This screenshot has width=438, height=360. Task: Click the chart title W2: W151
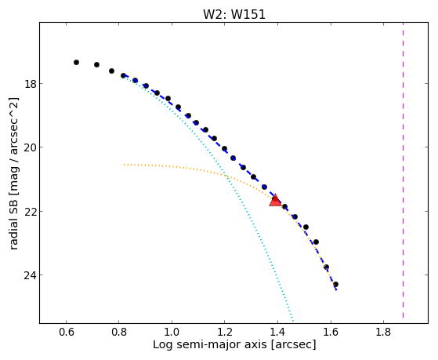click(x=234, y=14)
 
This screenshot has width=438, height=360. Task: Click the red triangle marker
click(x=275, y=200)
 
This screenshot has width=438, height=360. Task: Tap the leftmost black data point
click(x=76, y=62)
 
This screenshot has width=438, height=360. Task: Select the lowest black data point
click(x=335, y=284)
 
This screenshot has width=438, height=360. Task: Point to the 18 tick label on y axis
click(x=29, y=84)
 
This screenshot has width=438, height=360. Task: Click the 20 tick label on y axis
click(x=29, y=147)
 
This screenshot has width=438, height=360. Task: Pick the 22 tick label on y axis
click(x=29, y=211)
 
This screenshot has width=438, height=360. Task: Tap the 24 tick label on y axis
click(x=29, y=275)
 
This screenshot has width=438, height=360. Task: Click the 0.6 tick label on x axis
click(x=66, y=333)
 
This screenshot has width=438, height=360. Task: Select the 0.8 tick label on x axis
click(x=119, y=333)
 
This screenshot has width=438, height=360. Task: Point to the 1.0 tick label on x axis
click(x=172, y=333)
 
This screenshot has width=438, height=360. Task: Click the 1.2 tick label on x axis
click(x=224, y=333)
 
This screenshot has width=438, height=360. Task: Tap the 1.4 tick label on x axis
click(x=277, y=333)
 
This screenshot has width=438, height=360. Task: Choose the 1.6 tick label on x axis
click(x=331, y=333)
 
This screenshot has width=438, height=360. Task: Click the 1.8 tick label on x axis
click(x=383, y=333)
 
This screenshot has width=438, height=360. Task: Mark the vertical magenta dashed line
click(x=403, y=170)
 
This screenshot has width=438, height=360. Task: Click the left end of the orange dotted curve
click(x=125, y=165)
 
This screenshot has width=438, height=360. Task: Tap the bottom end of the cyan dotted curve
click(x=293, y=321)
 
